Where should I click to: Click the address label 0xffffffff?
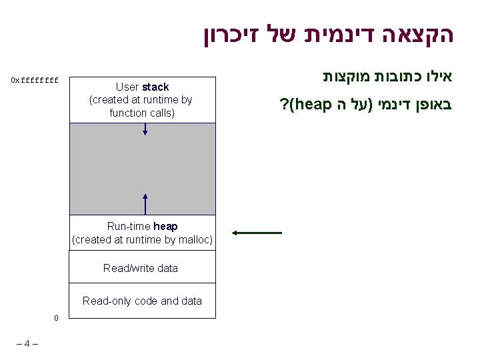pyautogui.click(x=35, y=81)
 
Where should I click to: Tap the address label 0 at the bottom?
pyautogui.click(x=57, y=317)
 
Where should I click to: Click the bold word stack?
pyautogui.click(x=155, y=87)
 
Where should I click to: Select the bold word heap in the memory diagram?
pyautogui.click(x=165, y=227)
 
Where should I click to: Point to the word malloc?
pyautogui.click(x=192, y=240)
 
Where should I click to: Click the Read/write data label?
pyautogui.click(x=141, y=268)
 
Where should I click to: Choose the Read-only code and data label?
pyautogui.click(x=142, y=301)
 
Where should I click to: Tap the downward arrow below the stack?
pyautogui.click(x=145, y=129)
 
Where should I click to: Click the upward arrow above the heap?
pyautogui.click(x=145, y=203)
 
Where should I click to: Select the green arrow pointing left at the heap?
pyautogui.click(x=257, y=233)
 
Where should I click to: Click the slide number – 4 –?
pyautogui.click(x=27, y=344)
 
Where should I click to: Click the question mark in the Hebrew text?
pyautogui.click(x=284, y=105)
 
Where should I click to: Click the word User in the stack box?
pyautogui.click(x=127, y=87)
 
